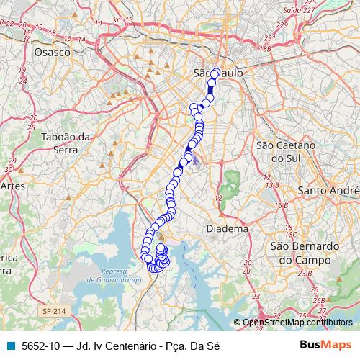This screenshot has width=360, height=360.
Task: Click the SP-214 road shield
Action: pyautogui.click(x=53, y=310)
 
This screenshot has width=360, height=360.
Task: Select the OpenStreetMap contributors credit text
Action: pyautogui.click(x=297, y=323)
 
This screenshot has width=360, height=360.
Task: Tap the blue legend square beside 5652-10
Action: pyautogui.click(x=10, y=345)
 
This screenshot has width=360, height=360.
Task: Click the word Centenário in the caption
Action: pyautogui.click(x=125, y=345)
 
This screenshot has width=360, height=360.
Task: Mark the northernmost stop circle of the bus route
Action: pyautogui.click(x=215, y=73)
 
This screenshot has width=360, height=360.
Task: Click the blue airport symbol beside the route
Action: pyautogui.click(x=197, y=157)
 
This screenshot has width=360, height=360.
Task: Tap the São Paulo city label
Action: pyautogui.click(x=220, y=73)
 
